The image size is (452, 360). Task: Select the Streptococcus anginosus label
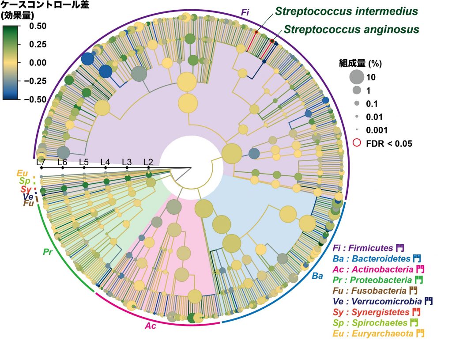[351, 30]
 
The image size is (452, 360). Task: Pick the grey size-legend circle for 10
[356, 77]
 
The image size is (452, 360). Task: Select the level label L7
[41, 162]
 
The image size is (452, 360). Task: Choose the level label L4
[105, 162]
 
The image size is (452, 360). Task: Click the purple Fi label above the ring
[245, 12]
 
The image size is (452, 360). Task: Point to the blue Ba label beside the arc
[317, 276]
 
